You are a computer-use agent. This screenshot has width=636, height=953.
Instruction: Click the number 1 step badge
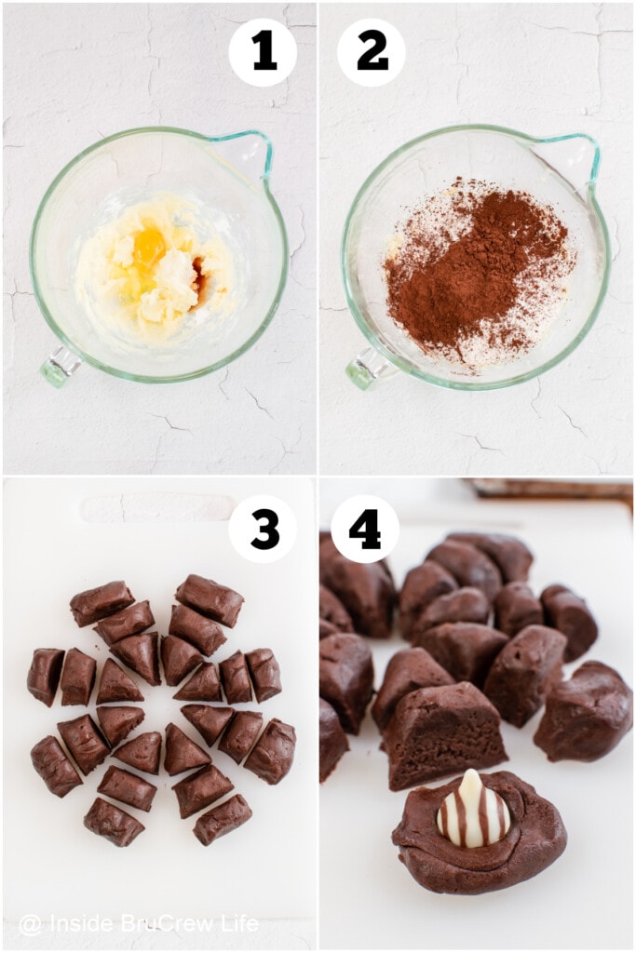point(263,53)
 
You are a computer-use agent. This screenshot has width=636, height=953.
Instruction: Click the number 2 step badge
point(372,53)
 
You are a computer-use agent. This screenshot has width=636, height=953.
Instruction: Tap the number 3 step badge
point(263,529)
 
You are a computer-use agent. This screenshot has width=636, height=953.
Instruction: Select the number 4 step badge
point(365,529)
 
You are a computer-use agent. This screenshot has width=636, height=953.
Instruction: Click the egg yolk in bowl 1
point(149,247)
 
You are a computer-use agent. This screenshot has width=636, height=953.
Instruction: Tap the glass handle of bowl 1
point(59,366)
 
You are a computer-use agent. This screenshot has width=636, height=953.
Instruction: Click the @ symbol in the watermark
point(30,924)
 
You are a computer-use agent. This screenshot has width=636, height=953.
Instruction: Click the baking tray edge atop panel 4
point(549,489)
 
